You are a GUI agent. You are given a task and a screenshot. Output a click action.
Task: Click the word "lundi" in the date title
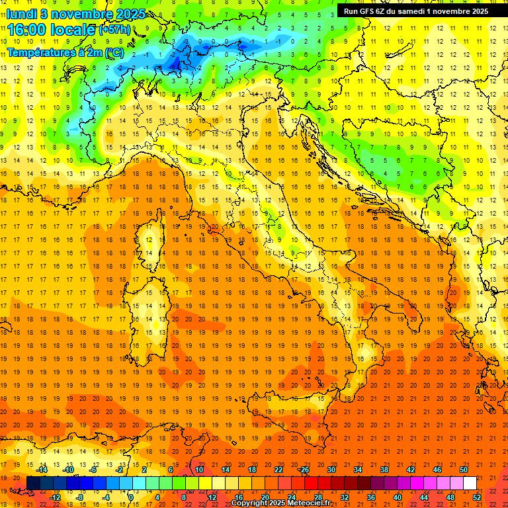(x=22, y=13)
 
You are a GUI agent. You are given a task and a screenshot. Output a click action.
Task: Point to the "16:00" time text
(x=27, y=30)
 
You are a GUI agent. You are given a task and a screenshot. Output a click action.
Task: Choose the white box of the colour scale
(x=469, y=483)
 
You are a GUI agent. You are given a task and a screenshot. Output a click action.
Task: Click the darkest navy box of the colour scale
(x=32, y=483)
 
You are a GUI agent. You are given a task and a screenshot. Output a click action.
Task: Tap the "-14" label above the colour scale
(x=43, y=470)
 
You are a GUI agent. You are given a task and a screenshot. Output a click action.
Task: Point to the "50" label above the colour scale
(x=464, y=470)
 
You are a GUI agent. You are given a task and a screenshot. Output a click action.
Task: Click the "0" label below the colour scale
(x=130, y=497)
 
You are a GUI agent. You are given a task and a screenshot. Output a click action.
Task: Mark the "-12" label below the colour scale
(x=55, y=497)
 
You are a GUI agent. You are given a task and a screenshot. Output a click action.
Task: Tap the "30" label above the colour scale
(x=331, y=470)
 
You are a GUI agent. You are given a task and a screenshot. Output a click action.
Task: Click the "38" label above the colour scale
(x=384, y=470)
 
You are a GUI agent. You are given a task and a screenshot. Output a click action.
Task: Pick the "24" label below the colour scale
(x=291, y=497)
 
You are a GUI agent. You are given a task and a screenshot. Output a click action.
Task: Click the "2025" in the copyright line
(x=278, y=503)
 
